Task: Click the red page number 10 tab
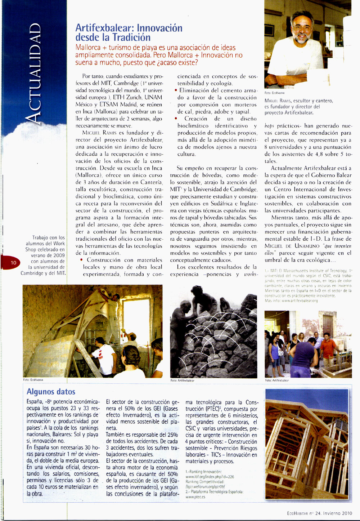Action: [13, 263]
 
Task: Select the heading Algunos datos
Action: [51, 392]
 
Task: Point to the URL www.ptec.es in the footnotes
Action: [195, 497]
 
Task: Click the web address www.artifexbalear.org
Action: [300, 300]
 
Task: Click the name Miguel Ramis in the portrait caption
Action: [278, 101]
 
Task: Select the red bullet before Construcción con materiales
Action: [82, 260]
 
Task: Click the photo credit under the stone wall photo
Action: [182, 380]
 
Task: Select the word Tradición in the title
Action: [131, 37]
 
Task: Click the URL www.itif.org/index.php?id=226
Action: [210, 477]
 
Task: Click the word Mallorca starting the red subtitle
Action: [88, 48]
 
